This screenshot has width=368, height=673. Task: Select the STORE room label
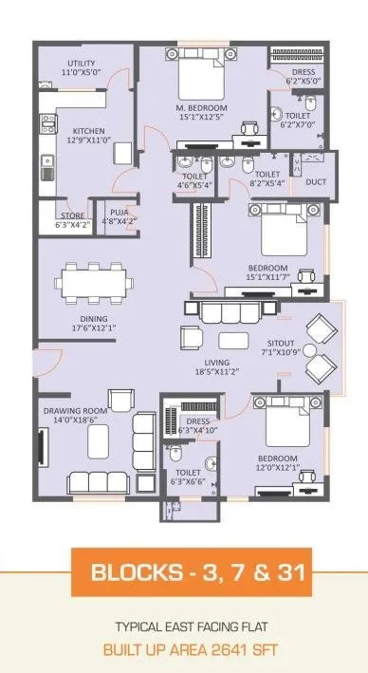(72, 215)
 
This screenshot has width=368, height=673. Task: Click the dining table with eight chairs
(95, 283)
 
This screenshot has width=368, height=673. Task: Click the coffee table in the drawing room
(100, 439)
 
